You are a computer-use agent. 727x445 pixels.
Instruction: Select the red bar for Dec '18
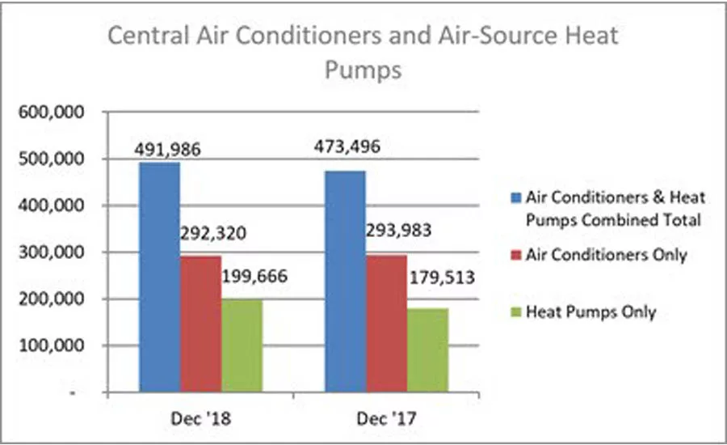click(x=200, y=324)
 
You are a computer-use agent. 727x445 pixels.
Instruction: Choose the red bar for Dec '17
click(x=386, y=324)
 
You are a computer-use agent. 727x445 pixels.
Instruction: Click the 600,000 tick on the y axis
click(x=52, y=112)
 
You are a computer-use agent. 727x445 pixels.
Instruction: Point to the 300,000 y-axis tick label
click(x=52, y=252)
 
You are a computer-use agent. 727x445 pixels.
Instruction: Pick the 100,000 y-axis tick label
click(x=52, y=346)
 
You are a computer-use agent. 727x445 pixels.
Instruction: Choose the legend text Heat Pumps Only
click(x=590, y=311)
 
